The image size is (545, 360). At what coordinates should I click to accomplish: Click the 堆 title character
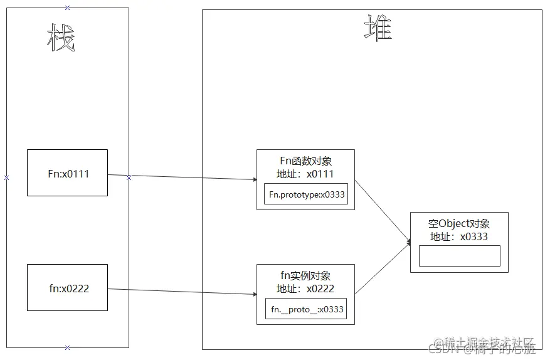[378, 28]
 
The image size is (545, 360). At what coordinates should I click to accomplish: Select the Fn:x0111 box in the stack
[67, 173]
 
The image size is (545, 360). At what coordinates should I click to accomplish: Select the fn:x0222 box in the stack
[67, 288]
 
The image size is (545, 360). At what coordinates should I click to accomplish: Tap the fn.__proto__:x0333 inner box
[306, 309]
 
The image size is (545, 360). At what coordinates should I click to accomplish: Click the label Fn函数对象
[305, 161]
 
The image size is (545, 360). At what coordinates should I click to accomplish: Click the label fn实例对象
[305, 276]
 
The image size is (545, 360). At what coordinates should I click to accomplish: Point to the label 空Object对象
[459, 224]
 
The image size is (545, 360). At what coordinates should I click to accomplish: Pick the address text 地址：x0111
[305, 174]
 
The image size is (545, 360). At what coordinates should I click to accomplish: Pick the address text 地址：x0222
[305, 289]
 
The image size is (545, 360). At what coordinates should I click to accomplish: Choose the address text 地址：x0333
[459, 236]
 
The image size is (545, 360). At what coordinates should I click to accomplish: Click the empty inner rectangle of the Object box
[459, 256]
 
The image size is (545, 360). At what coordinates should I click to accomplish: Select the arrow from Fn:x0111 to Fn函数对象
[188, 177]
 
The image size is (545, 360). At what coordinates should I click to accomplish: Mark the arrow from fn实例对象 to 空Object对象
[383, 268]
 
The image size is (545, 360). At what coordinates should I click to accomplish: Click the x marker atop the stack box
[68, 8]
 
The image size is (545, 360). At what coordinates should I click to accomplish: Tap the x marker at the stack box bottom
[68, 347]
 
